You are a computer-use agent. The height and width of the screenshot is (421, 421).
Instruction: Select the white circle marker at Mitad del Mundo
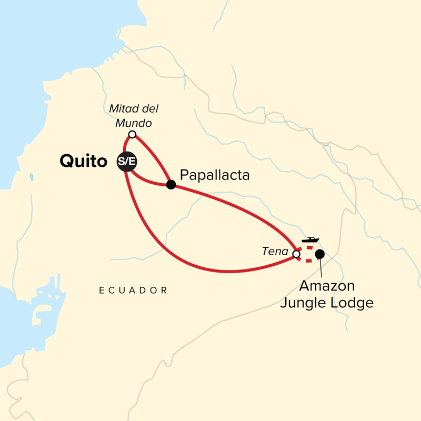pos(133,135)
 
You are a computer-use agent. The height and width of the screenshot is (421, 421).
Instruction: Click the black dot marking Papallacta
pos(171,184)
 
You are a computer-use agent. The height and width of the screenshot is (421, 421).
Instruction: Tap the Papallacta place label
pos(214,175)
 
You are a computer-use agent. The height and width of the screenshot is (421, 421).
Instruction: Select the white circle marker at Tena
pos(296,254)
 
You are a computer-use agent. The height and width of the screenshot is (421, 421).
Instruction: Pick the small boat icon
pos(309,240)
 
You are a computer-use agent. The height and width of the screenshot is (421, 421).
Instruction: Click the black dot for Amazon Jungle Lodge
pos(319,255)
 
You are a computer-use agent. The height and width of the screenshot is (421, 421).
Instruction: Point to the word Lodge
pos(353,303)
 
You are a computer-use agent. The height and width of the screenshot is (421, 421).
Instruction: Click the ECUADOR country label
pos(133,290)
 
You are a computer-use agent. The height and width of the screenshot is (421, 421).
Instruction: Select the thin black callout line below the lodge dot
pos(322,268)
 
